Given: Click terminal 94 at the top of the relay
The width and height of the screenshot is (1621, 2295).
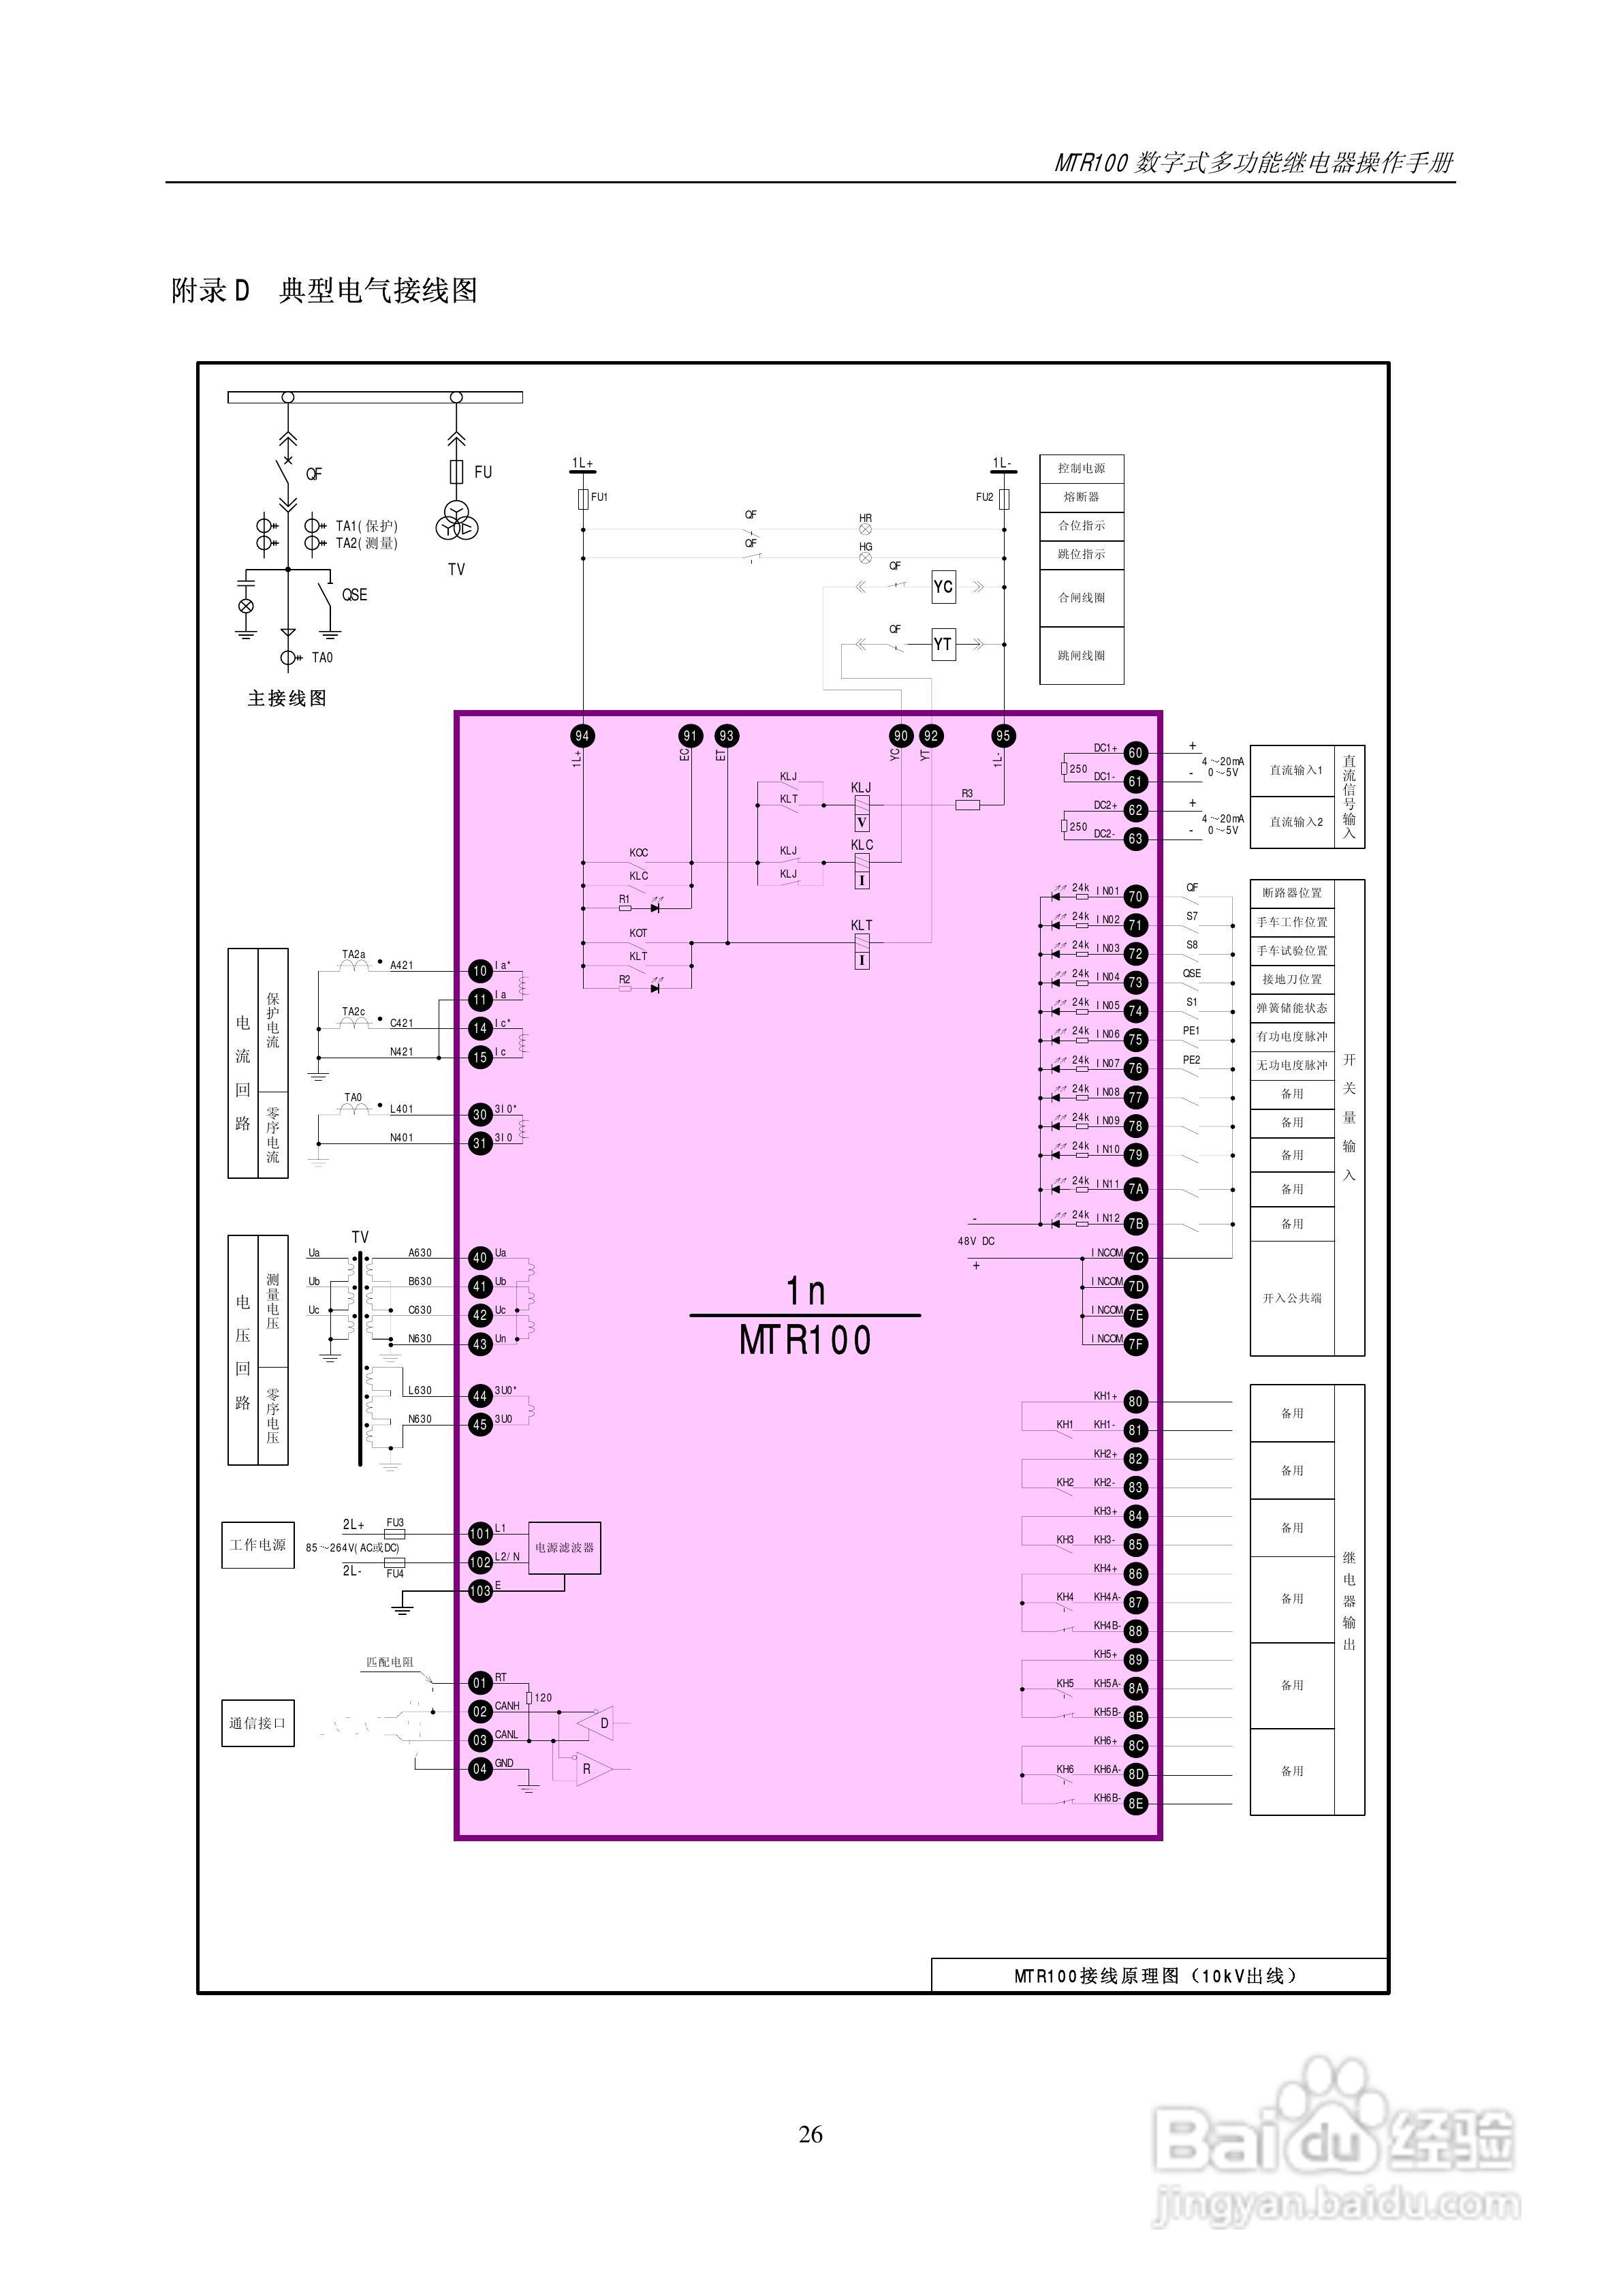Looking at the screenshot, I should (x=582, y=736).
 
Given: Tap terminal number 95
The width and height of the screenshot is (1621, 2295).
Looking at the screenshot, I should (x=1003, y=736).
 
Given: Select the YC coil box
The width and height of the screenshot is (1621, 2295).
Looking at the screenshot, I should (x=943, y=587).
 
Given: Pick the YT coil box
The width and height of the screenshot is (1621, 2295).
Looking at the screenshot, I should (x=943, y=644).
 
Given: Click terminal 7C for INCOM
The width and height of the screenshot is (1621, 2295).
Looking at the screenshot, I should (x=1135, y=1257).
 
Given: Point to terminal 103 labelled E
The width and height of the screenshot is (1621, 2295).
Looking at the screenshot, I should (x=481, y=1590).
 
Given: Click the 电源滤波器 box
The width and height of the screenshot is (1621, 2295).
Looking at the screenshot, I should (x=565, y=1547).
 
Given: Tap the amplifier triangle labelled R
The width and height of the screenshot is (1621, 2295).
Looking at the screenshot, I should (x=593, y=1768).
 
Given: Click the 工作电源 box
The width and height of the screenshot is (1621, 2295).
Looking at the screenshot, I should (x=258, y=1544).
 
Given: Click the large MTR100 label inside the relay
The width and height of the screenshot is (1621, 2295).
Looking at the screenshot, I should (x=804, y=1340).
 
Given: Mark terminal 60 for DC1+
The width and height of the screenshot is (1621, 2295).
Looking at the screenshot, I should (x=1135, y=753).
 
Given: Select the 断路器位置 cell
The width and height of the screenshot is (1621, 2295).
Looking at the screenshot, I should (x=1292, y=893).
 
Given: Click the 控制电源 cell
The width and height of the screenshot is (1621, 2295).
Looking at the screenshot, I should (x=1082, y=468).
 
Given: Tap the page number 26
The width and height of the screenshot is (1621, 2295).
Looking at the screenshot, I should (x=810, y=2134).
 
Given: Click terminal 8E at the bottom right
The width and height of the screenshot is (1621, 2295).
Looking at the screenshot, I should (x=1135, y=1803).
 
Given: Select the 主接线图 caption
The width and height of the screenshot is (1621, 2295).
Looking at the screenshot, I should (x=287, y=698).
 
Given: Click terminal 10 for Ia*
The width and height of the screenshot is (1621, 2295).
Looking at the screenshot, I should (x=481, y=970).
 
